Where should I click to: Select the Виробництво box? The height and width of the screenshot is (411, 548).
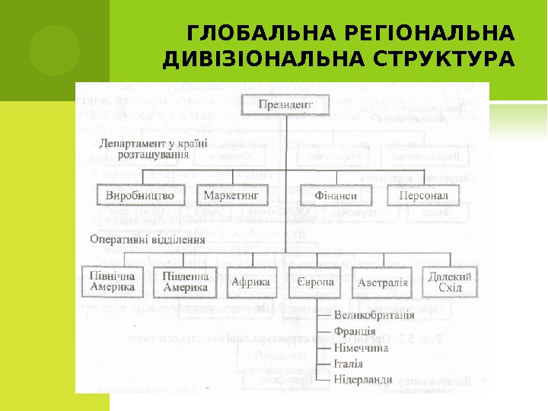click(140, 196)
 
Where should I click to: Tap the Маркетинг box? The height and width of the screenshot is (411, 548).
click(231, 196)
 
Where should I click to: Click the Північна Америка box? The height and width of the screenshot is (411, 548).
click(112, 282)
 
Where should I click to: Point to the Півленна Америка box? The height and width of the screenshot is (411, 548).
click(185, 282)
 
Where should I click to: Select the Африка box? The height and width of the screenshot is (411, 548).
click(250, 282)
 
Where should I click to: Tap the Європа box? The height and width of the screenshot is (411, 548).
click(314, 282)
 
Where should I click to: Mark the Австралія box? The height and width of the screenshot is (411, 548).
click(382, 283)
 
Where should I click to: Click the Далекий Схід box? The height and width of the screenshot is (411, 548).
click(450, 282)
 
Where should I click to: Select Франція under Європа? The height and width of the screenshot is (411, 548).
click(354, 331)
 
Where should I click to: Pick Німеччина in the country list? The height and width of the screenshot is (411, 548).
click(361, 347)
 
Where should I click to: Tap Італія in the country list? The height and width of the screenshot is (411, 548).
click(349, 363)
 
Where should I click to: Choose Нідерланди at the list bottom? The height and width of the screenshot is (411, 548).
click(363, 379)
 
